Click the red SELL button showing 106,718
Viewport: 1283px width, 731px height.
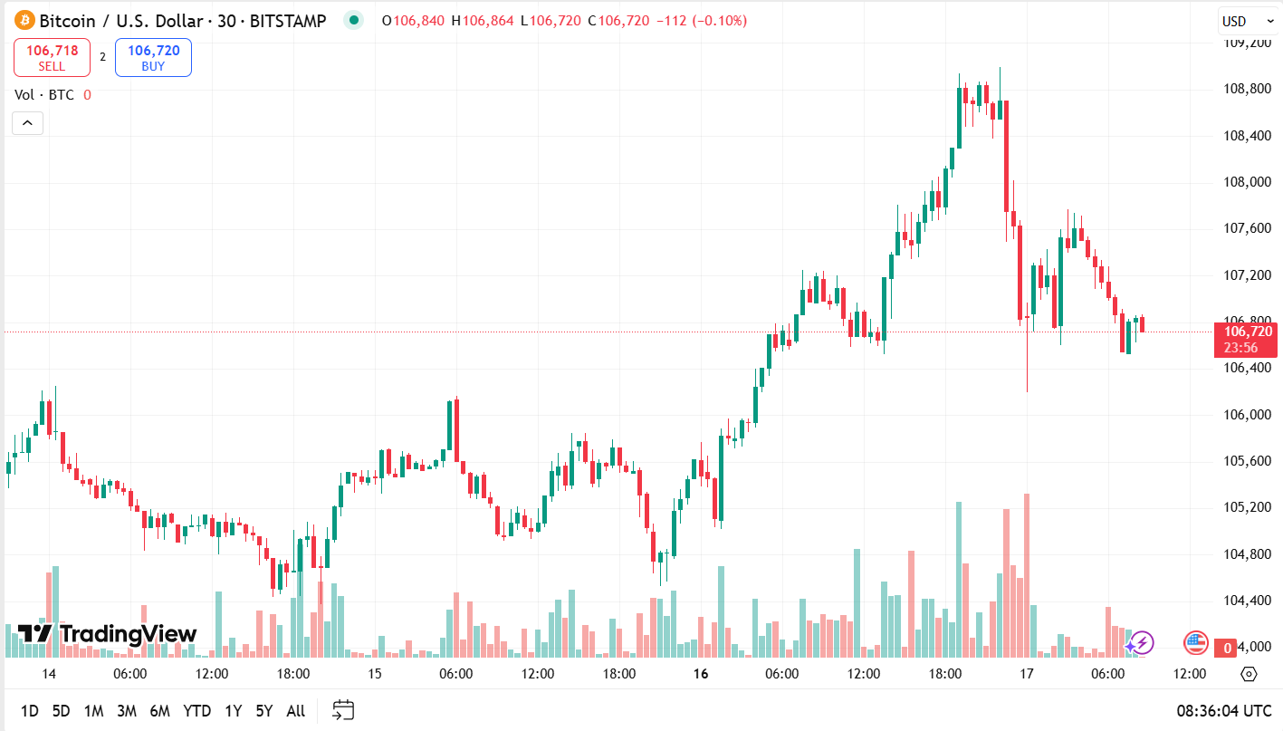tap(52, 58)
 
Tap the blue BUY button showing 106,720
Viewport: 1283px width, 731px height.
tap(153, 58)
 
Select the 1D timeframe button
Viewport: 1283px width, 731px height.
tap(30, 711)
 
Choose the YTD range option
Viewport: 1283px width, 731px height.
tap(197, 711)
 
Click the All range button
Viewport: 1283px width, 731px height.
tap(295, 711)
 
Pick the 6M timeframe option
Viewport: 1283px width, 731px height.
tap(160, 711)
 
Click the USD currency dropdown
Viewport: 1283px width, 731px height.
tap(1240, 22)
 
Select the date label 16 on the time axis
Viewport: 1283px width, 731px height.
tap(700, 674)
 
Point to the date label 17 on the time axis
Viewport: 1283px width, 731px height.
tap(1026, 674)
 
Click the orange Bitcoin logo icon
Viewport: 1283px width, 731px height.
tap(24, 21)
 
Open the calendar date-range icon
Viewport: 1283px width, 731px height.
tap(343, 710)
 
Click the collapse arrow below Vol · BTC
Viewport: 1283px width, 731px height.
tap(27, 123)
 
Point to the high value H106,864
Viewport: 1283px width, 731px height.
tap(485, 21)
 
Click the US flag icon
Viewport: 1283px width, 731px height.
tap(1196, 643)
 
